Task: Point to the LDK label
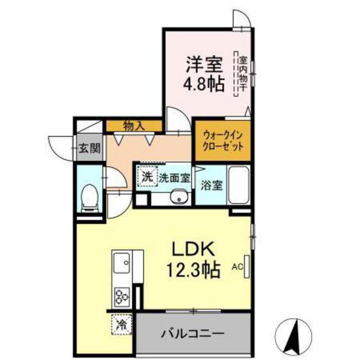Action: pos(192,250)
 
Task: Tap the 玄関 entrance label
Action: pos(89,148)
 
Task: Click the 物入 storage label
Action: pos(134,126)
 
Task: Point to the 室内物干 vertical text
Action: pos(243,74)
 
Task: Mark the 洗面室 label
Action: pos(174,178)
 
